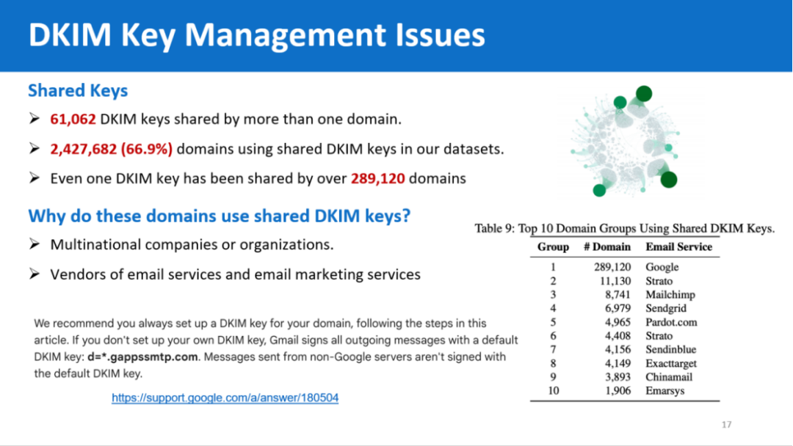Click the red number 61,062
(x=73, y=120)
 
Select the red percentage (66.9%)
(x=146, y=150)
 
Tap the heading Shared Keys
(x=78, y=91)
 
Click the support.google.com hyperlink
(x=225, y=398)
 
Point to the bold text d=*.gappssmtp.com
(x=142, y=357)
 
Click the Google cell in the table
(x=662, y=267)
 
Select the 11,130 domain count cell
(x=615, y=281)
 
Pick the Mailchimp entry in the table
(x=670, y=294)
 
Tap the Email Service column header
(x=678, y=247)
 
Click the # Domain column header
(x=607, y=247)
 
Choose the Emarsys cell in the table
(x=665, y=391)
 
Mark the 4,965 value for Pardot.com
(x=618, y=322)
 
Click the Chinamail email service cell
(x=669, y=377)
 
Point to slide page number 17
(x=726, y=425)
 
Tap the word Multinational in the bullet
(x=95, y=245)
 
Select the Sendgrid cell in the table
(x=665, y=309)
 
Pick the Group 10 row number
(x=554, y=391)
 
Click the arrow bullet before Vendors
(x=35, y=274)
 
